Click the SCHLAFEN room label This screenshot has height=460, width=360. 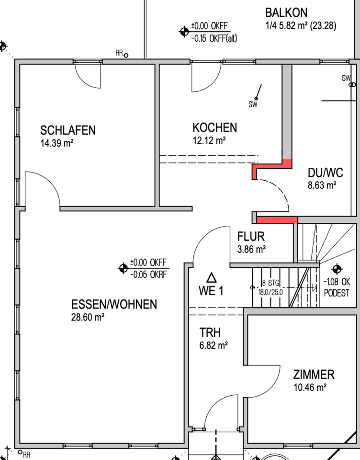pyautogui.click(x=68, y=130)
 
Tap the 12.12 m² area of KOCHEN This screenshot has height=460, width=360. pyautogui.click(x=209, y=140)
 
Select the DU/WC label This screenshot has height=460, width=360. pyautogui.click(x=326, y=173)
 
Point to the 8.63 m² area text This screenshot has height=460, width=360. pyautogui.click(x=322, y=185)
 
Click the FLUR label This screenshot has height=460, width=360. pyautogui.click(x=251, y=236)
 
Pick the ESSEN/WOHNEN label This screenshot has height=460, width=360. pyautogui.click(x=114, y=304)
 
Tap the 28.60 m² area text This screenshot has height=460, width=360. pyautogui.click(x=88, y=317)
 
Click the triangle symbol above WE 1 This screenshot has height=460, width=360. pyautogui.click(x=211, y=277)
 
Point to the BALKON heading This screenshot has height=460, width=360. pyautogui.click(x=286, y=12)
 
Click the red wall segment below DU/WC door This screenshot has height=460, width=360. pyautogui.click(x=277, y=220)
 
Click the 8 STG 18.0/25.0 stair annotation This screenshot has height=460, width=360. pyautogui.click(x=270, y=287)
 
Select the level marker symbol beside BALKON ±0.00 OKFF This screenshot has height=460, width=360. pyautogui.click(x=184, y=32)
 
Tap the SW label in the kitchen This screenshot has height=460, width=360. pyautogui.click(x=253, y=105)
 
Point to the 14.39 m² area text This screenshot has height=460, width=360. pyautogui.click(x=57, y=142)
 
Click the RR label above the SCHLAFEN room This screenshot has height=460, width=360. pyautogui.click(x=119, y=53)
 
